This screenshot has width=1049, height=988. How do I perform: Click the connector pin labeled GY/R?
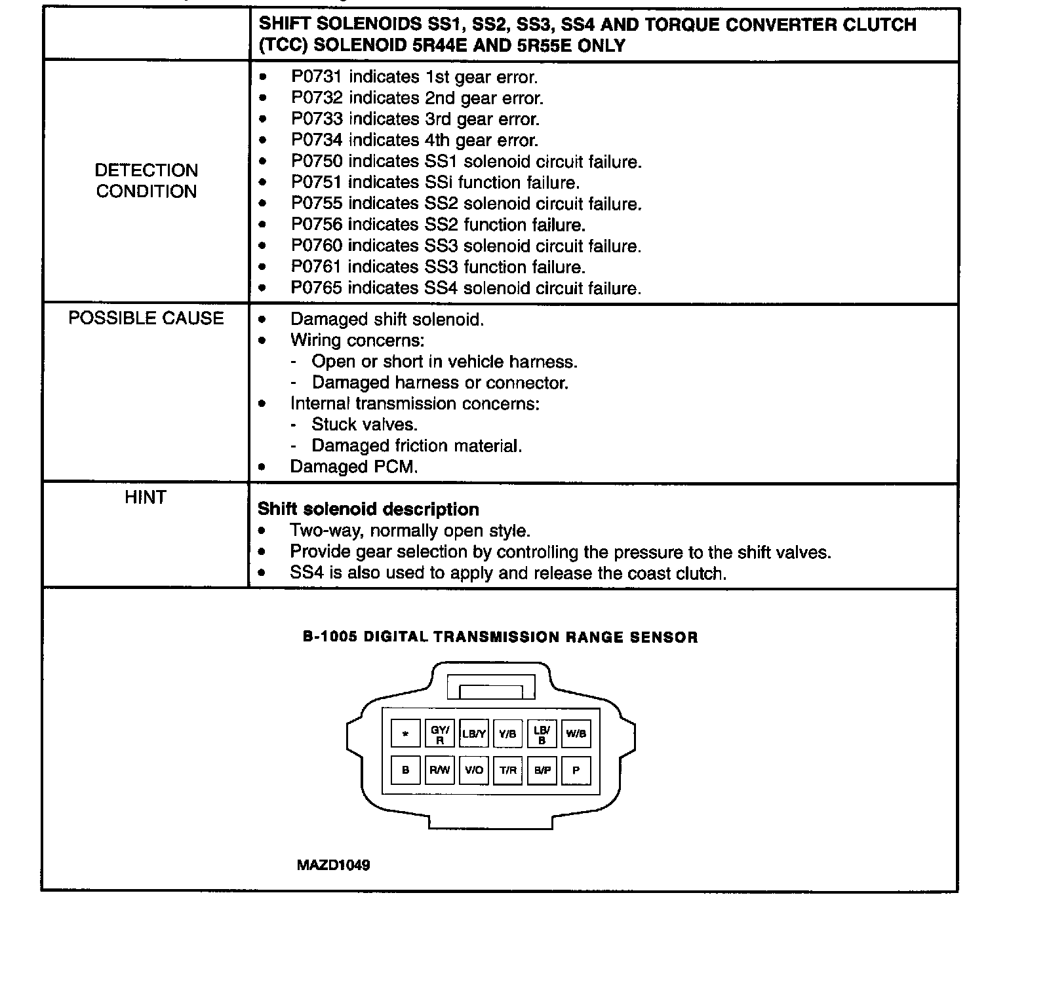[440, 734]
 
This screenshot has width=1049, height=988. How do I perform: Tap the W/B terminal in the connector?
[576, 734]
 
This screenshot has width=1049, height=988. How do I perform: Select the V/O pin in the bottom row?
[474, 770]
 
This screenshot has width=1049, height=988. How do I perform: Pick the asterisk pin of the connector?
[406, 734]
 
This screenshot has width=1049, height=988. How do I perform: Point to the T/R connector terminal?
[508, 770]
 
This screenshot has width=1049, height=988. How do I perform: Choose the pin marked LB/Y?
[474, 734]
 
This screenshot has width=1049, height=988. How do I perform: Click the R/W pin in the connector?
[440, 770]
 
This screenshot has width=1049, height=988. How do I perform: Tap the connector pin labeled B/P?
[542, 770]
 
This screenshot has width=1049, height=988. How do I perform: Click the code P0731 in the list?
[317, 77]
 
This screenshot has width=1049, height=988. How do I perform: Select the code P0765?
[317, 288]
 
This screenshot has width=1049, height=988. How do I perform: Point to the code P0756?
[317, 225]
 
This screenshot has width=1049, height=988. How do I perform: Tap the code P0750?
[317, 162]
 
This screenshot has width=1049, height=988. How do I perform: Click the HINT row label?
[146, 498]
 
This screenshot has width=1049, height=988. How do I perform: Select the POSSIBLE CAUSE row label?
[146, 318]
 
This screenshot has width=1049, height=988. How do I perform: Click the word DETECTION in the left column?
[146, 170]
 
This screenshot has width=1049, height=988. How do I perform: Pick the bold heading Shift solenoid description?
[368, 510]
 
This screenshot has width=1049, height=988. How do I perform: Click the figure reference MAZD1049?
[333, 865]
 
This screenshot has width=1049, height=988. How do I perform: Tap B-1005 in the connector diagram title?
[330, 637]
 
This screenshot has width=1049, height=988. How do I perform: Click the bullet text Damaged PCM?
[354, 467]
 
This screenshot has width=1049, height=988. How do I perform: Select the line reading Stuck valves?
[365, 425]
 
